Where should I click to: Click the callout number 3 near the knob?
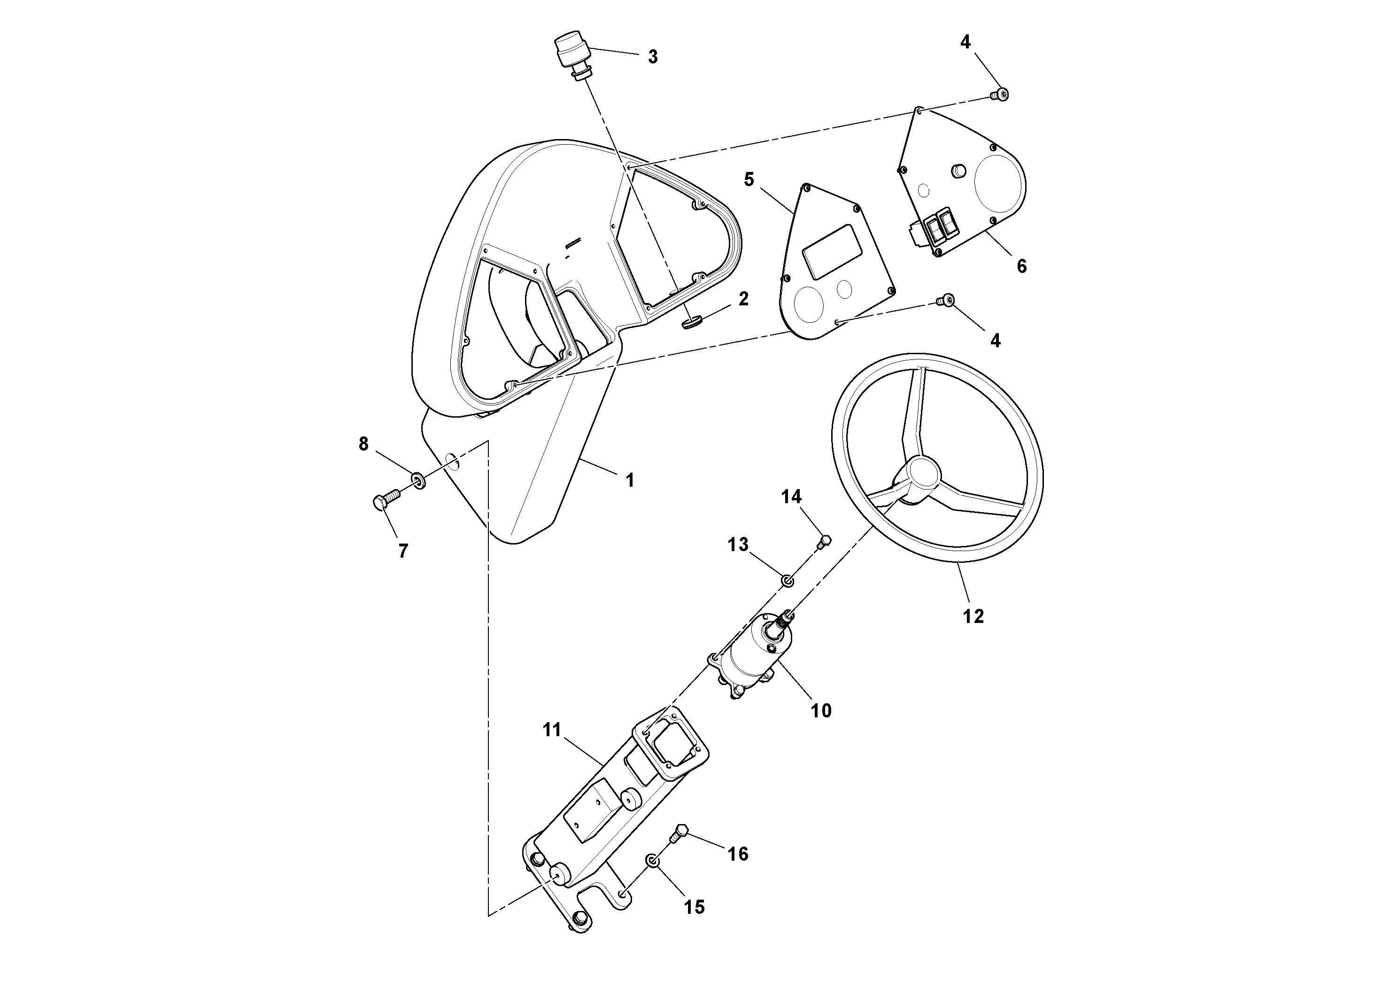[x=652, y=57]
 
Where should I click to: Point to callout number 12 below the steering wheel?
[x=973, y=616]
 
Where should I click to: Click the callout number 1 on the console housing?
[x=630, y=481]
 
